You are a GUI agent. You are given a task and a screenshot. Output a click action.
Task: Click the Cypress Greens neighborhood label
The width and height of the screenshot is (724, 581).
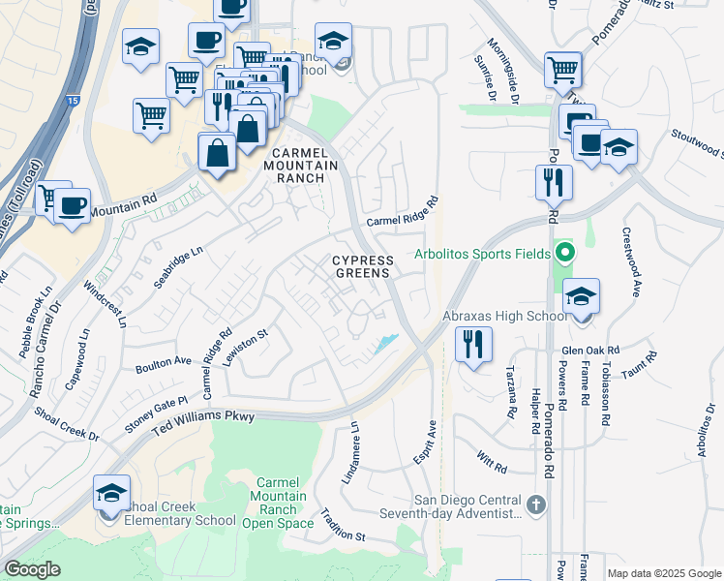pos(363,267)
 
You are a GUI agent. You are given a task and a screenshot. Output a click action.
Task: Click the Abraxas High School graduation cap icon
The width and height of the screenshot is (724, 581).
pos(581,295)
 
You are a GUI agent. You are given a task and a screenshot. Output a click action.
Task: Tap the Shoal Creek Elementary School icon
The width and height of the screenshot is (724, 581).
pos(112,495)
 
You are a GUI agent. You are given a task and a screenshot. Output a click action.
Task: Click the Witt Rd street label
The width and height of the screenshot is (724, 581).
pos(492,461)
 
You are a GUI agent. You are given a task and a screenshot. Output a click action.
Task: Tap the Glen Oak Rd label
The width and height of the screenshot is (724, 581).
pos(590,351)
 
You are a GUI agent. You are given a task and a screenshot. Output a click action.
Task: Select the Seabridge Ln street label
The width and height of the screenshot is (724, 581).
pos(178,263)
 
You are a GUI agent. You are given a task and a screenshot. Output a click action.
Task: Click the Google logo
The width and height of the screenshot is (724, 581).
pos(32,569)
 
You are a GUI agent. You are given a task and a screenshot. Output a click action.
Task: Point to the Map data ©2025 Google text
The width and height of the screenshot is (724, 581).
pos(663,573)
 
